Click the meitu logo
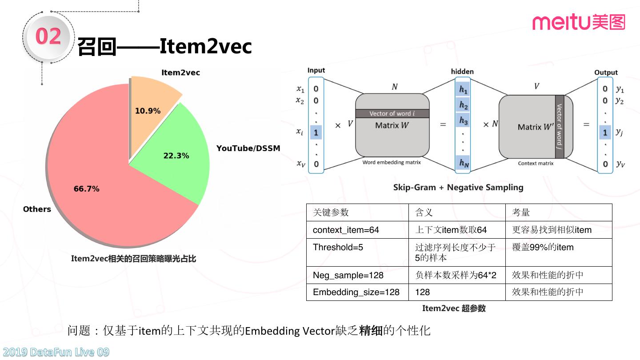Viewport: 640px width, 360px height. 579,22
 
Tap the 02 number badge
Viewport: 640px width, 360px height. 48,36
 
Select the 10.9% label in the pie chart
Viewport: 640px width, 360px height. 148,111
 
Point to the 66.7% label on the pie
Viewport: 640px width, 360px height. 86,189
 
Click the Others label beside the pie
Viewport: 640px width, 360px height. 37,209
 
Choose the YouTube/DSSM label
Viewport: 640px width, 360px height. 248,148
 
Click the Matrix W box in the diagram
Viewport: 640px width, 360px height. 392,125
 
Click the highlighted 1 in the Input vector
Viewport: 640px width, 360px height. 316,132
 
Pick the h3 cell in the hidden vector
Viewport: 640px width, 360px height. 464,120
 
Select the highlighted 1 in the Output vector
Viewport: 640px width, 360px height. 605,132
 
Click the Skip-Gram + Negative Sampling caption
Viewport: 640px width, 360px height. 458,188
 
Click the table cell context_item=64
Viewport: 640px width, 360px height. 346,230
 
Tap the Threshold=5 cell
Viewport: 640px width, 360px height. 338,248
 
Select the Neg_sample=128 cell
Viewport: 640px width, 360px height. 348,275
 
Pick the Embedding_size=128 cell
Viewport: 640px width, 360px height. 356,292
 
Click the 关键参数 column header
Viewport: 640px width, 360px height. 331,212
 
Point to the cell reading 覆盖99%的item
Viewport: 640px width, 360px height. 543,248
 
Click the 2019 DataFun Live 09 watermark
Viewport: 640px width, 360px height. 55,352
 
